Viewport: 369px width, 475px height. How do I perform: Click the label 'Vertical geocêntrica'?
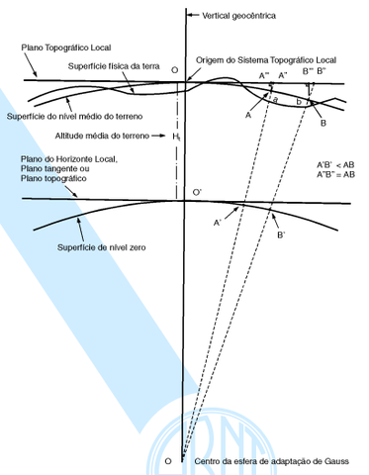(x=238, y=16)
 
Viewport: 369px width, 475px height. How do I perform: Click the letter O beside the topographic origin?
(x=174, y=72)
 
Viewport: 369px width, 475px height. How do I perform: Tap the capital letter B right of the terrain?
(x=323, y=122)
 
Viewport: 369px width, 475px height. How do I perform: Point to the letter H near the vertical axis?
(x=174, y=136)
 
